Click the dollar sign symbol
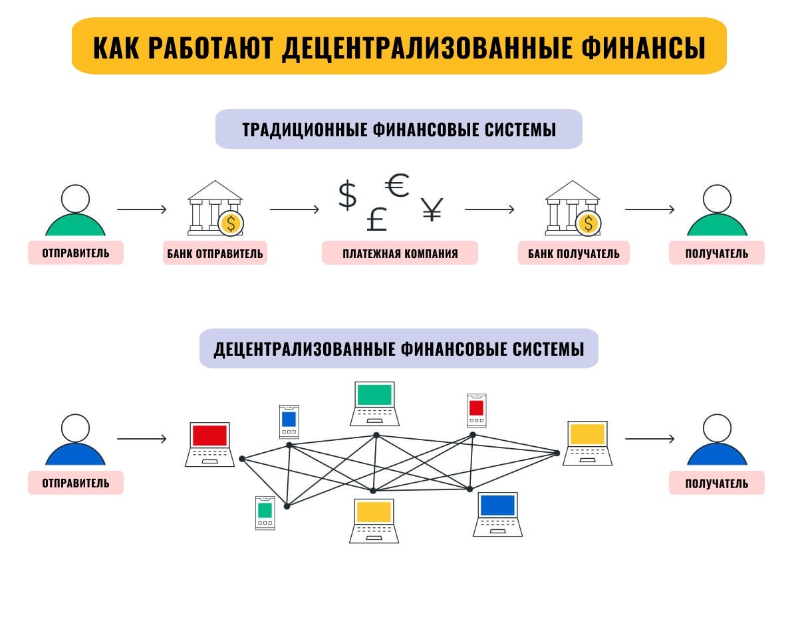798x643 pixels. click(347, 195)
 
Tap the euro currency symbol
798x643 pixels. click(397, 186)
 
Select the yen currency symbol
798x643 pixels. click(432, 210)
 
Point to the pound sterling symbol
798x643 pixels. click(376, 219)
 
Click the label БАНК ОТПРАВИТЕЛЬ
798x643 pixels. click(215, 253)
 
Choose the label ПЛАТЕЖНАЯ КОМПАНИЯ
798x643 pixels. click(400, 253)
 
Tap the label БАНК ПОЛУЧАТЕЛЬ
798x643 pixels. click(573, 253)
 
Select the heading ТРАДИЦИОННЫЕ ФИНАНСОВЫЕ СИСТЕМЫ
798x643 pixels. click(399, 129)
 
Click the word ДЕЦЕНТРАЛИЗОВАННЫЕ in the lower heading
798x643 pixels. click(305, 349)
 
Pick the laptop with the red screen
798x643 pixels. click(209, 444)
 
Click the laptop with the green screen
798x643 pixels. click(374, 403)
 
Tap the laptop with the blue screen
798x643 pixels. click(497, 514)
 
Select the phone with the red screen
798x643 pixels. click(476, 410)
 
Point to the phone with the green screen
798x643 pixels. click(265, 512)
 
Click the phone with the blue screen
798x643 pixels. click(289, 421)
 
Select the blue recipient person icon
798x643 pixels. click(717, 440)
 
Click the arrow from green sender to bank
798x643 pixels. click(142, 210)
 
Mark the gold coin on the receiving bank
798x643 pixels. click(589, 223)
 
